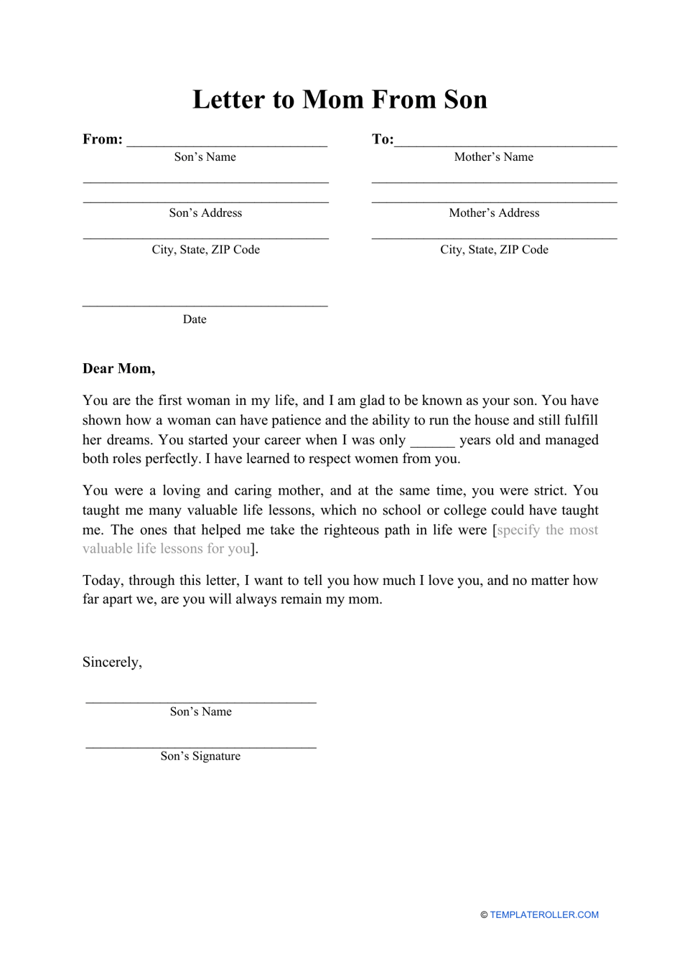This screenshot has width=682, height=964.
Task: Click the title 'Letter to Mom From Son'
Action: (340, 100)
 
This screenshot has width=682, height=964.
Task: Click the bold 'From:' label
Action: (103, 139)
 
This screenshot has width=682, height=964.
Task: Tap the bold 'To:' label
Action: (382, 139)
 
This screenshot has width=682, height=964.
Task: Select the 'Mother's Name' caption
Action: (493, 157)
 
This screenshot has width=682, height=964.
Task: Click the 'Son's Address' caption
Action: (205, 213)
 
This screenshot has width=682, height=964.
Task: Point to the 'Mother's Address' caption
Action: (494, 213)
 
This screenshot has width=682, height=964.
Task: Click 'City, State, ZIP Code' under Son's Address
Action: (205, 250)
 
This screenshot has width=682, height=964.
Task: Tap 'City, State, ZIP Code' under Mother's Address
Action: (494, 250)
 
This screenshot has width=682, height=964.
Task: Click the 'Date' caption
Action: (195, 319)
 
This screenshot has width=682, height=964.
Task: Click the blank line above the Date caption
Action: (205, 305)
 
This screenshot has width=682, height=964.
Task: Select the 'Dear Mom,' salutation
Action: (118, 369)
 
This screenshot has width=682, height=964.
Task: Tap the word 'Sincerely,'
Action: (112, 663)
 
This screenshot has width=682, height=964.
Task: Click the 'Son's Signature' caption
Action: (200, 757)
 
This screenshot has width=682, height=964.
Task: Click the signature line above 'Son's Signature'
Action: (200, 747)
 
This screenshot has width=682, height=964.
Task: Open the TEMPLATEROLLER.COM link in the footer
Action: (543, 915)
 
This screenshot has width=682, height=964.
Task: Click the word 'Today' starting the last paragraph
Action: (101, 581)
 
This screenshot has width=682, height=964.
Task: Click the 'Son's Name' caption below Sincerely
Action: (200, 712)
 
